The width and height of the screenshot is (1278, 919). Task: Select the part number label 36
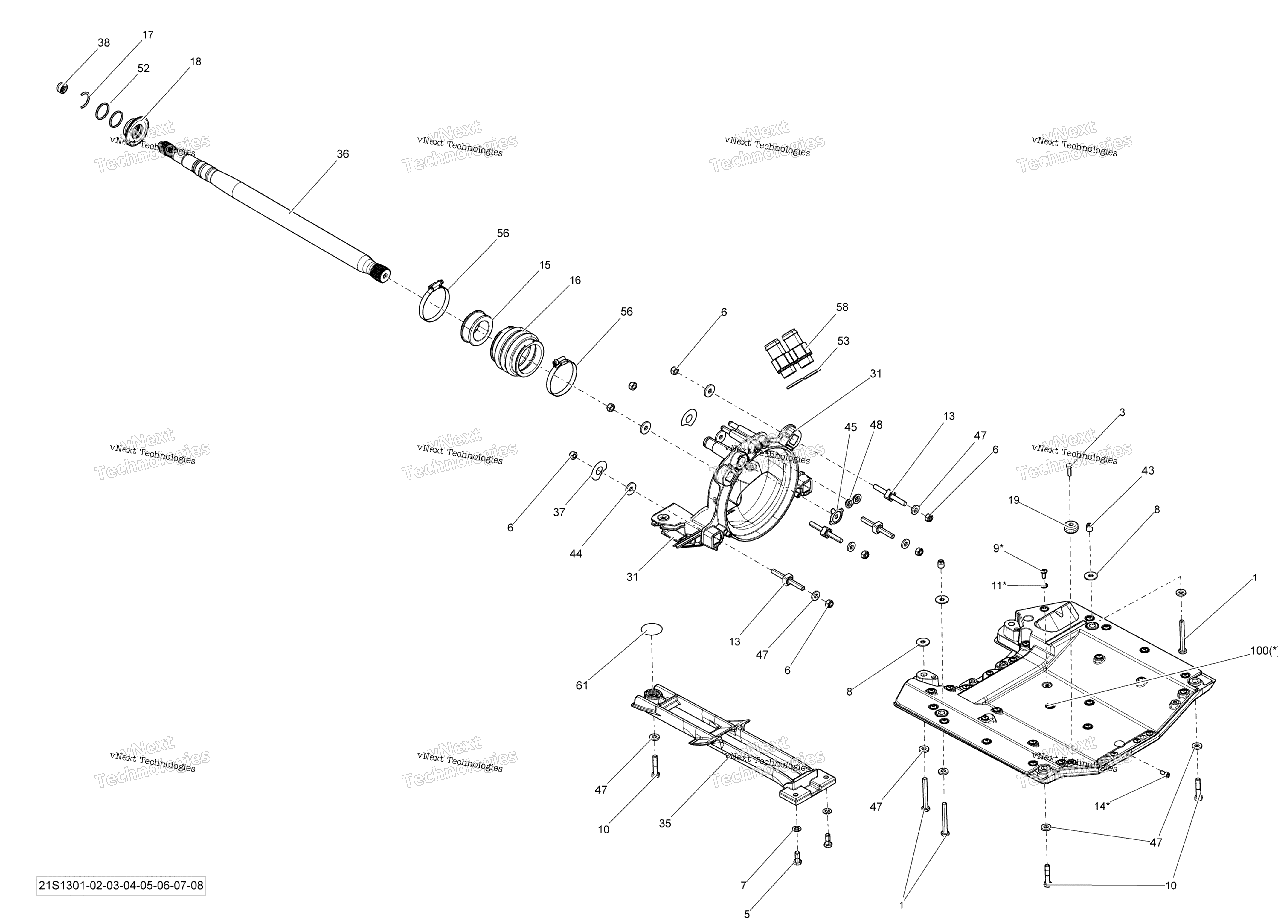point(343,154)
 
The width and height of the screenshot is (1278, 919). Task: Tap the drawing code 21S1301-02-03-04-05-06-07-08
point(121,885)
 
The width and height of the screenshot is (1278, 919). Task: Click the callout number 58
point(842,307)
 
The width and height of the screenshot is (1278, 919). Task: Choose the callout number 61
point(582,685)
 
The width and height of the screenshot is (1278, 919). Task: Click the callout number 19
point(1014,500)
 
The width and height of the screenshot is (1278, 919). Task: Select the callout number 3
point(1122,412)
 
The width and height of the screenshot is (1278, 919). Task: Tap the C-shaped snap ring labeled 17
point(85,99)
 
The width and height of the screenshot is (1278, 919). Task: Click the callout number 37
point(559,512)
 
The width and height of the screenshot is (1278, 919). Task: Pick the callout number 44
point(575,554)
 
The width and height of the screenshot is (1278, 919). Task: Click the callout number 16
point(575,280)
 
